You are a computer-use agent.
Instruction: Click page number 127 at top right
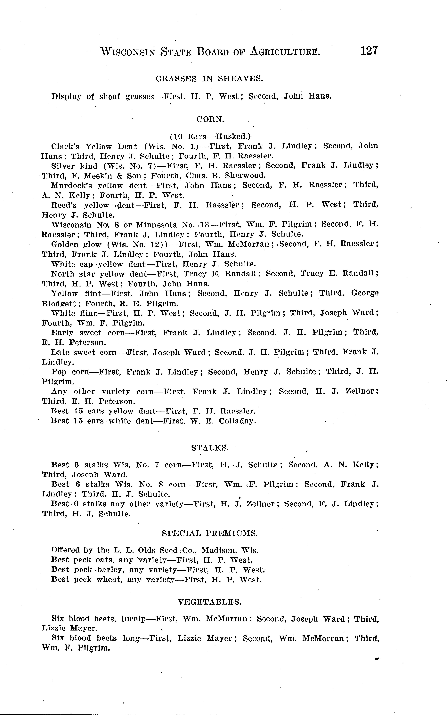click(369, 51)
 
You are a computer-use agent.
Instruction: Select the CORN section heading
click(210, 119)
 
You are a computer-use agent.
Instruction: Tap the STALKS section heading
click(210, 448)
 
